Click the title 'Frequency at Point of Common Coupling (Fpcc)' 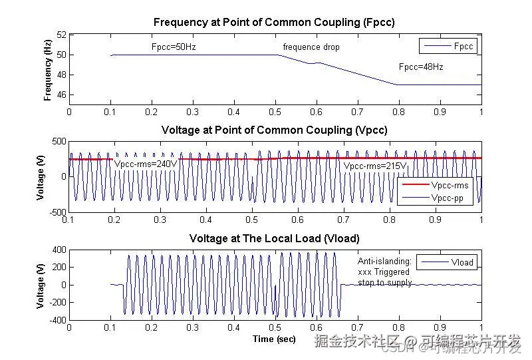(x=274, y=22)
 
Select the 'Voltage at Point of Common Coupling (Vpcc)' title (x=274, y=130)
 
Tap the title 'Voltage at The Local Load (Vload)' (x=274, y=238)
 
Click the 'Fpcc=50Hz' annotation (x=174, y=47)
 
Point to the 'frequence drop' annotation (x=311, y=47)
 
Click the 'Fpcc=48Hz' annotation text (x=421, y=67)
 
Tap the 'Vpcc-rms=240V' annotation (x=146, y=164)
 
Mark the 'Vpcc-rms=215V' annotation (x=375, y=165)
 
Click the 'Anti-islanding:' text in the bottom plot (x=384, y=262)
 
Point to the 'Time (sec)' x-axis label (x=274, y=339)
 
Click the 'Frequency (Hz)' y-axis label (x=48, y=70)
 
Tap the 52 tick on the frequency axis (x=61, y=35)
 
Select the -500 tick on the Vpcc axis (x=57, y=212)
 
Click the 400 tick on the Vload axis (x=59, y=250)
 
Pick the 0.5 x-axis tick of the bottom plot (x=275, y=327)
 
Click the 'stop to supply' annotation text (x=384, y=283)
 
